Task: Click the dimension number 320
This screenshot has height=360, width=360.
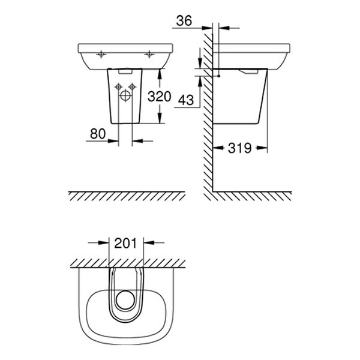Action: point(160,97)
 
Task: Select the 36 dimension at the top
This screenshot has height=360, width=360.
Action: point(185,21)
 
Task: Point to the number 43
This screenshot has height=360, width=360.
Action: point(186,100)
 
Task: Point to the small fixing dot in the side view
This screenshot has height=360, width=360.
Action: point(220,76)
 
